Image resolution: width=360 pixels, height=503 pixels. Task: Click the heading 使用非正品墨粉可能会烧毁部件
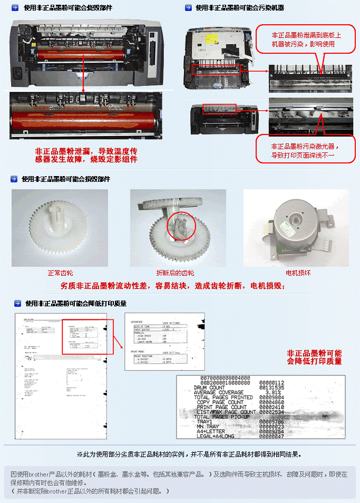(67, 8)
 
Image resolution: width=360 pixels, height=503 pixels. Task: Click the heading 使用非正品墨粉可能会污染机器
(240, 8)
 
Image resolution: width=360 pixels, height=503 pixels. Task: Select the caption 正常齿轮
(60, 273)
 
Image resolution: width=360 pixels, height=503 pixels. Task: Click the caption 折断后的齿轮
(175, 273)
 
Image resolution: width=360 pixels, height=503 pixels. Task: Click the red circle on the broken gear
(182, 227)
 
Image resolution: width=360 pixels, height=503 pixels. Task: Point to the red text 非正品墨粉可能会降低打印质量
(314, 357)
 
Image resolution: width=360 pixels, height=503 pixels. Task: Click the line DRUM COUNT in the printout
(210, 388)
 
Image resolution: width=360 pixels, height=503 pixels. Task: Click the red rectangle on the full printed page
(87, 336)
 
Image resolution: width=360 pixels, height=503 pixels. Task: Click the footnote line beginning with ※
(189, 453)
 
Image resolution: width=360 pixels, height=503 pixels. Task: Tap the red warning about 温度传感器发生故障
(86, 154)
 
